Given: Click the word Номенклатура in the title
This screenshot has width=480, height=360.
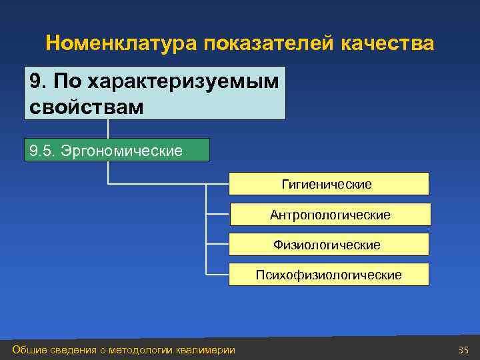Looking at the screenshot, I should [122, 44].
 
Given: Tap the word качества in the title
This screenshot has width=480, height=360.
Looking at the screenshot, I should [387, 44].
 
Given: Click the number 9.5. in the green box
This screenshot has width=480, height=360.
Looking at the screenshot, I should [43, 151].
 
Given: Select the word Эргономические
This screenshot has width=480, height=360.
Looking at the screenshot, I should [121, 151].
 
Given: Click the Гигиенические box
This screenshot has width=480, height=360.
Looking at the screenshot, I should [329, 184].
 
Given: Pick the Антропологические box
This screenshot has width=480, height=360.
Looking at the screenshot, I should [330, 215].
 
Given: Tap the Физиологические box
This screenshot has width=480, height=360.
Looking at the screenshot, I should [329, 245].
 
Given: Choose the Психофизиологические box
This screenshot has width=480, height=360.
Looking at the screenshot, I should [329, 275].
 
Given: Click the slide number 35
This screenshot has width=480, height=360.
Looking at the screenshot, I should [464, 350].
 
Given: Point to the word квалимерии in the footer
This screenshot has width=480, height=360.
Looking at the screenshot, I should [206, 350].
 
